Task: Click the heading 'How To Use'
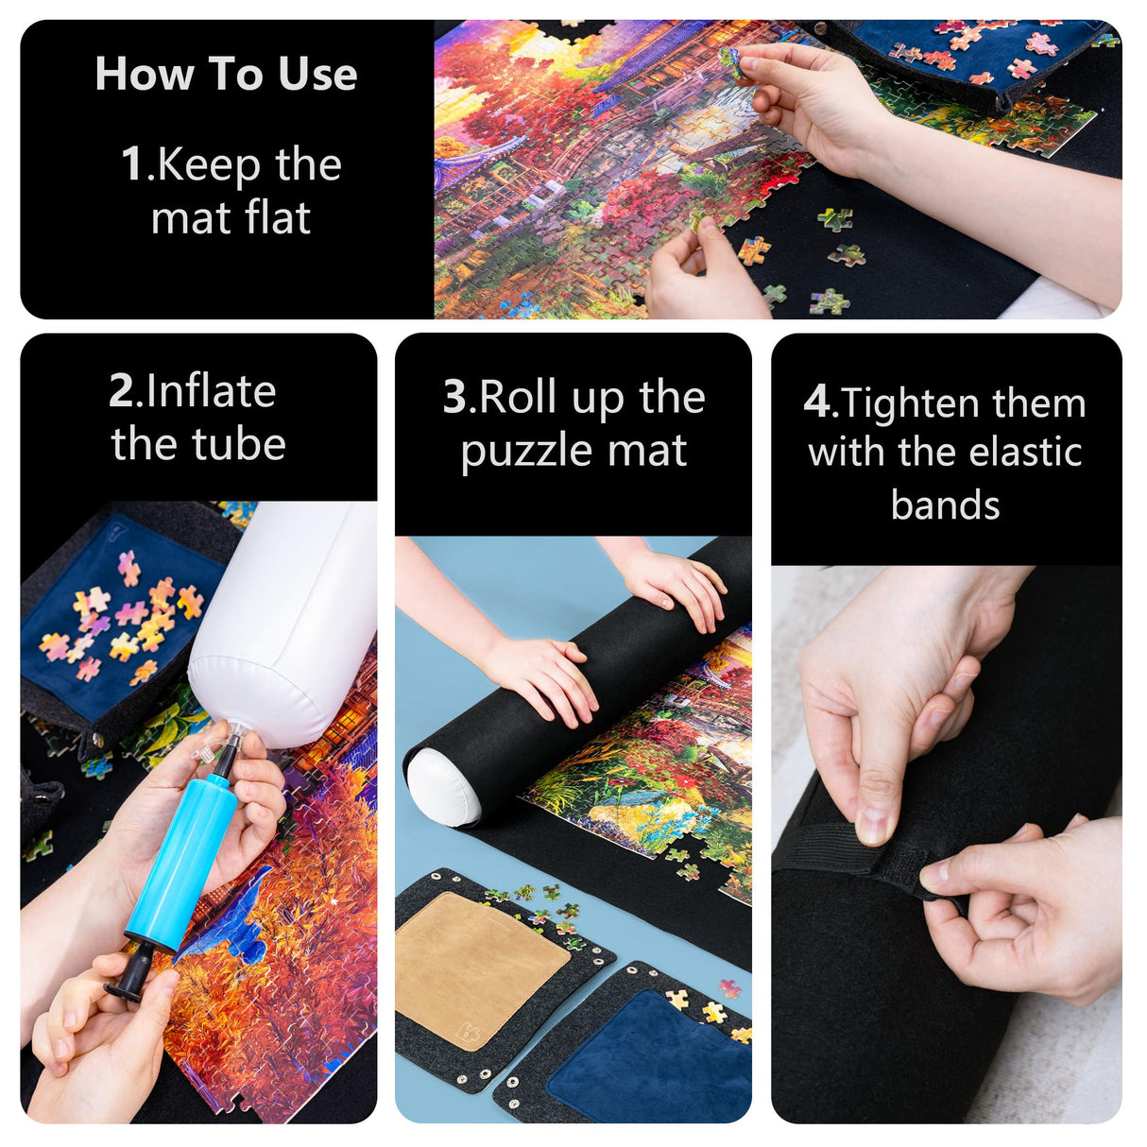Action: tap(226, 74)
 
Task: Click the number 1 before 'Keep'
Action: tap(132, 163)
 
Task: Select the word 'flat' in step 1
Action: tap(278, 218)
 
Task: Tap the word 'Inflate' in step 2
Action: tap(211, 391)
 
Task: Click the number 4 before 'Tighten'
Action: tap(818, 402)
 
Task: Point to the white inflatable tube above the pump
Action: tap(283, 624)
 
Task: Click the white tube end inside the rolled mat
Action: tap(442, 786)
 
